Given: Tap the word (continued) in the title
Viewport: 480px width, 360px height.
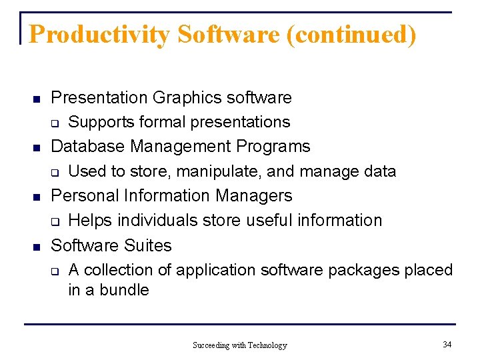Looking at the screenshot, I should point(351,35).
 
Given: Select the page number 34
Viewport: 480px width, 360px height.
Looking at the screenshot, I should point(447,344).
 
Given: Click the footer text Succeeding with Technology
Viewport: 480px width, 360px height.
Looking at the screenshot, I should point(239,345).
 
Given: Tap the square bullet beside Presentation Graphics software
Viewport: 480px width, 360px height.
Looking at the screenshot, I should point(38,99).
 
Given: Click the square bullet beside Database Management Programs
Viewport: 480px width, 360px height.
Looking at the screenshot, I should point(38,147).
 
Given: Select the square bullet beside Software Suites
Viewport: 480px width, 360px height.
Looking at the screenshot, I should point(38,247).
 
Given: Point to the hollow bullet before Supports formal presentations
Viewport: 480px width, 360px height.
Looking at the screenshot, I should point(56,123).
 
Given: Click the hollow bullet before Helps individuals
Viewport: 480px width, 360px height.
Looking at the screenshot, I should point(56,221).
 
